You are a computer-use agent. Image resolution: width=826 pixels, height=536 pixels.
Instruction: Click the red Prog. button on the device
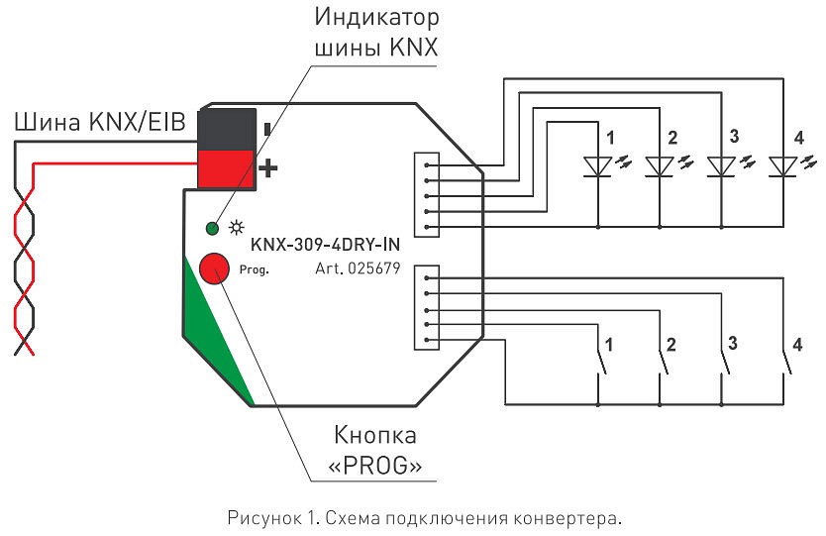pos(214,268)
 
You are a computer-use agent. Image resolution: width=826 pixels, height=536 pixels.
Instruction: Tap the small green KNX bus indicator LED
pos(211,229)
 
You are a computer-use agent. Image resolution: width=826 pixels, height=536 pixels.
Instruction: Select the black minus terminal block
pos(228,127)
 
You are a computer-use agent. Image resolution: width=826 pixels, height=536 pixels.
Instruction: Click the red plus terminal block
pos(228,165)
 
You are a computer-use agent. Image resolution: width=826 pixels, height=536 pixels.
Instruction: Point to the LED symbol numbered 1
pos(597,164)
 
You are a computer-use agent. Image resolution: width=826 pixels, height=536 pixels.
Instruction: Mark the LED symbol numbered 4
pos(783,164)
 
